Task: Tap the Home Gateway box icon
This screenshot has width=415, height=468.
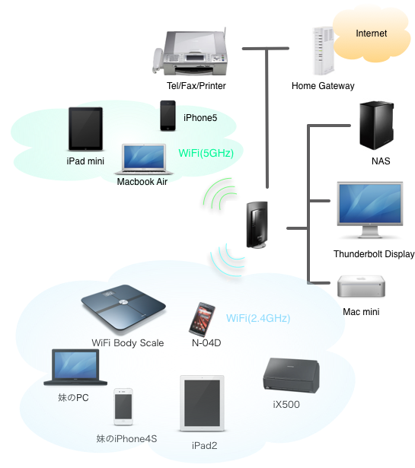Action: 324,51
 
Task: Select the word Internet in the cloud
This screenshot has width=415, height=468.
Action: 371,33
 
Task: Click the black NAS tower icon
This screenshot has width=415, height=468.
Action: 376,125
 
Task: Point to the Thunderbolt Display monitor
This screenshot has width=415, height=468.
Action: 370,210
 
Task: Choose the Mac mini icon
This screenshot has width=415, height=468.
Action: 361,286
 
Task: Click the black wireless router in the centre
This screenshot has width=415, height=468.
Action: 257,225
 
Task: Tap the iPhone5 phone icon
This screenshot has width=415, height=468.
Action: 168,116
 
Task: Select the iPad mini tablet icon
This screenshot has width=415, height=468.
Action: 86,129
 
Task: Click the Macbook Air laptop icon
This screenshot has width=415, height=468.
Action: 144,159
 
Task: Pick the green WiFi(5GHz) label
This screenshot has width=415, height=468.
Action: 206,153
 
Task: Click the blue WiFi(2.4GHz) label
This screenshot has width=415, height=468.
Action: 258,318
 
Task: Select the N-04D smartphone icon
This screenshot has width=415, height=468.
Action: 202,320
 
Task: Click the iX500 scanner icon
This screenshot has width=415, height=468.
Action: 292,375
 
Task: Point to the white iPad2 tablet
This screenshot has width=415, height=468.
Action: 202,403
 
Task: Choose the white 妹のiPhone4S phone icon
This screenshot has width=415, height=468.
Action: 123,407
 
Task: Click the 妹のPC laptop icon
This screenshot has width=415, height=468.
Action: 75,367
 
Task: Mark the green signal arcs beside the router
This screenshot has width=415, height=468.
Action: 220,194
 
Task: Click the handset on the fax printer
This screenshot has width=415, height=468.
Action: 158,61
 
